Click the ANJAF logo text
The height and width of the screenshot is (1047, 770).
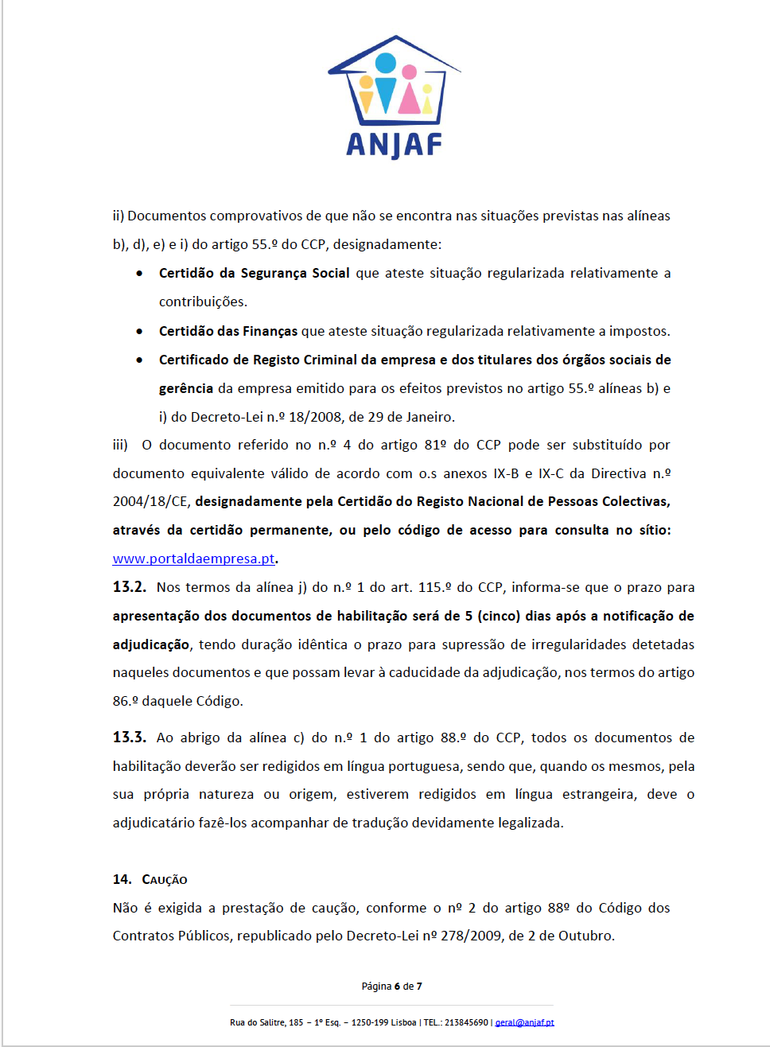coord(394,145)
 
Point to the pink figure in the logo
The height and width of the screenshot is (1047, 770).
coord(409,91)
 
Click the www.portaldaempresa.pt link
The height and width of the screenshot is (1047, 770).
coord(193,559)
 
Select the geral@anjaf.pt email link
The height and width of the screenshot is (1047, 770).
coord(524,1022)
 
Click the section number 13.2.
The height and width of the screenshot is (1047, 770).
coord(129,587)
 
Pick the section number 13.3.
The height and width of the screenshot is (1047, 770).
coord(129,738)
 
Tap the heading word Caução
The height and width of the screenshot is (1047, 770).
coord(165,879)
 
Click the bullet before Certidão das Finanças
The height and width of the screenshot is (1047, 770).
coord(140,331)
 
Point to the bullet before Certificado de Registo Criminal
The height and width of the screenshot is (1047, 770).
coord(140,360)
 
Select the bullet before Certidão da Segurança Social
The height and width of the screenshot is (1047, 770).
coord(140,273)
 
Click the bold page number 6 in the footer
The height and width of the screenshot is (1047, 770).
coord(397,987)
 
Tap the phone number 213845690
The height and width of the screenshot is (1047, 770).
coord(466,1022)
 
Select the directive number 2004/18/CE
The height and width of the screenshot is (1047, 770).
coord(150,501)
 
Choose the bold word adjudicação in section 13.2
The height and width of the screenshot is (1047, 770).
coord(151,644)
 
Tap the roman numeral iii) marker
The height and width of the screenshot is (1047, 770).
coord(120,445)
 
